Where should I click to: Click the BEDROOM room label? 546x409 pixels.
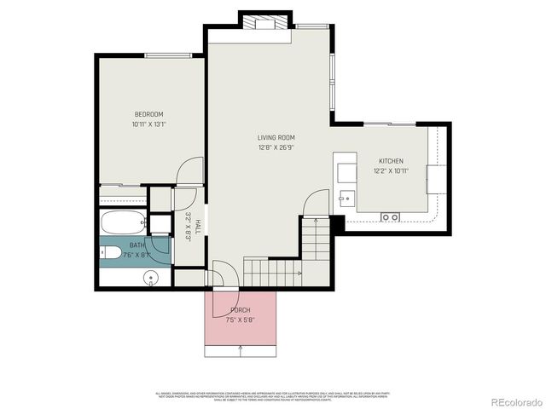pyautogui.click(x=148, y=114)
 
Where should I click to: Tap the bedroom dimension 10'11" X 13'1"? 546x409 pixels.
pyautogui.click(x=148, y=124)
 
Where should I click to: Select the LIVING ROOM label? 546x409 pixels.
pyautogui.click(x=276, y=137)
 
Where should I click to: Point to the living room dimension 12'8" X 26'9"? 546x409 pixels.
pyautogui.click(x=276, y=147)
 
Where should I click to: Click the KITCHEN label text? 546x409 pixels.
pyautogui.click(x=391, y=161)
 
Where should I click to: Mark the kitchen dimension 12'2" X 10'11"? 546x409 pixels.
pyautogui.click(x=391, y=170)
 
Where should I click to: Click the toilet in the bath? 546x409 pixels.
pyautogui.click(x=112, y=252)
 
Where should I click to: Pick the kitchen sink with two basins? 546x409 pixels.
pyautogui.click(x=390, y=217)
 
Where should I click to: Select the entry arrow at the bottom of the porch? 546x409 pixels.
pyautogui.click(x=241, y=349)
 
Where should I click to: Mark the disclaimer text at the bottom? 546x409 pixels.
pyautogui.click(x=272, y=396)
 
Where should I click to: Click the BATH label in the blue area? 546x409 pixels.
pyautogui.click(x=113, y=245)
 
